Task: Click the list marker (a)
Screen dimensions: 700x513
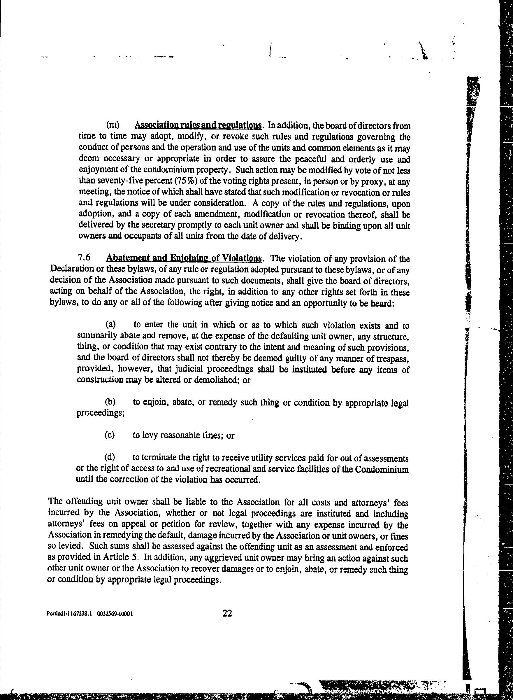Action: click(110, 325)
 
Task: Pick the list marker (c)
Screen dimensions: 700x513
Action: click(110, 435)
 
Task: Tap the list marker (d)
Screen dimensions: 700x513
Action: click(110, 457)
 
